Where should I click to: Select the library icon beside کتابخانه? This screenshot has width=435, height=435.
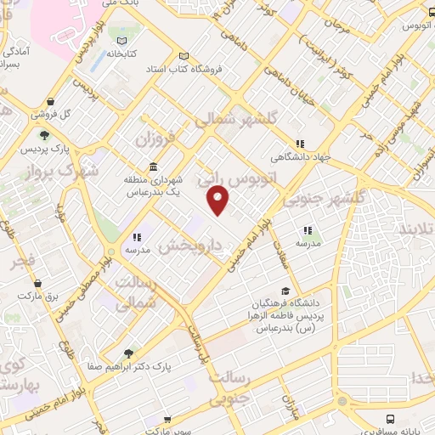pyautogui.click(x=124, y=42)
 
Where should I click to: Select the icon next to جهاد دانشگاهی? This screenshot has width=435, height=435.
pyautogui.click(x=299, y=144)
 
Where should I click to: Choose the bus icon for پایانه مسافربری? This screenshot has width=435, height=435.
pyautogui.click(x=390, y=419)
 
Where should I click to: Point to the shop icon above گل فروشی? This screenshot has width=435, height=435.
pyautogui.click(x=51, y=100)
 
